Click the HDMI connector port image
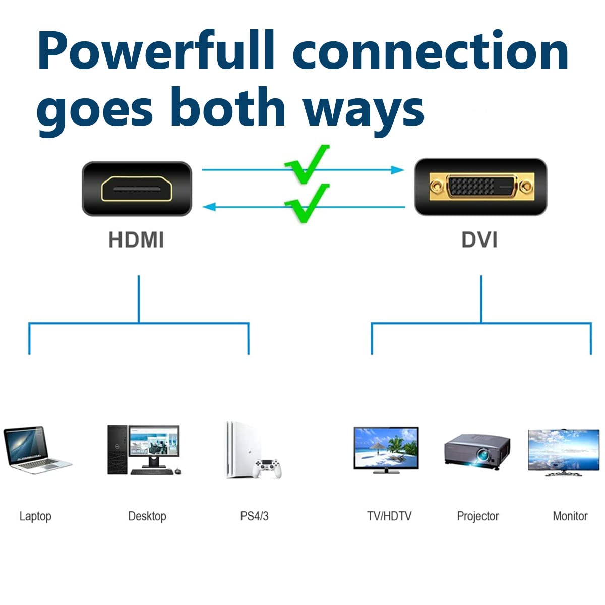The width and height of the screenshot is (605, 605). click(x=137, y=189)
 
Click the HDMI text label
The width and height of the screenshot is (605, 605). click(x=136, y=240)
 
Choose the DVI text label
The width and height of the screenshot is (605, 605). click(x=479, y=240)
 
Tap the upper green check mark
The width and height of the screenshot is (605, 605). click(x=307, y=164)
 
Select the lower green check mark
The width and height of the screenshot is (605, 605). click(x=307, y=202)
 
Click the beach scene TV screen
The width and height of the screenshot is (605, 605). click(x=386, y=448)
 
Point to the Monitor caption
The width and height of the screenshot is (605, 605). click(x=570, y=516)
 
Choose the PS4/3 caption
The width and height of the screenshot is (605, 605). click(x=254, y=516)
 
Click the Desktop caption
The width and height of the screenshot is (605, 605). click(x=147, y=516)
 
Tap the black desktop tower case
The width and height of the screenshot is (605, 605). click(x=117, y=449)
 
